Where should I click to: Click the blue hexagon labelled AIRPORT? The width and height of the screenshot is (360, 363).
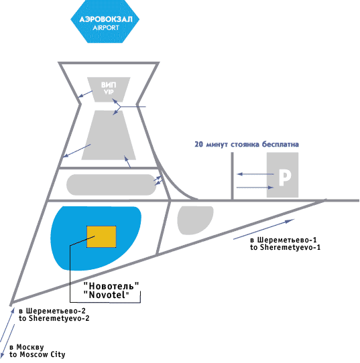pyautogui.click(x=105, y=21)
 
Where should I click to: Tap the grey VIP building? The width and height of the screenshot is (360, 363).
pyautogui.click(x=109, y=89)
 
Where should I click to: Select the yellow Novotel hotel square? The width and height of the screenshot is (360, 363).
pyautogui.click(x=101, y=236)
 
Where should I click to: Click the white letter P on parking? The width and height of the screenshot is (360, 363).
pyautogui.click(x=285, y=177)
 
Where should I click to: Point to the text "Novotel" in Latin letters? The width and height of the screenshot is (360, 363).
pyautogui.click(x=106, y=295)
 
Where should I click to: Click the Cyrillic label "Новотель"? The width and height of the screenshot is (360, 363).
pyautogui.click(x=111, y=286)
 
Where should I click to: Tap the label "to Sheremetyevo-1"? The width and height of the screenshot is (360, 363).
pyautogui.click(x=285, y=247)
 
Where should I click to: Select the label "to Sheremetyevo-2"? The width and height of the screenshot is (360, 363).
pyautogui.click(x=54, y=318)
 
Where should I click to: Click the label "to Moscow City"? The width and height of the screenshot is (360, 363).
pyautogui.click(x=38, y=354)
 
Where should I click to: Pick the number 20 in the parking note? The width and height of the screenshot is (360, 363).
pyautogui.click(x=198, y=144)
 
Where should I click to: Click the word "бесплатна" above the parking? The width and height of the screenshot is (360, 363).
pyautogui.click(x=280, y=144)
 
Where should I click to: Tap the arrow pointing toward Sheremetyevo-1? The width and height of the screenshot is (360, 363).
pyautogui.click(x=264, y=229)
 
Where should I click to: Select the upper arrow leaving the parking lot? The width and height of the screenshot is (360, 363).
pyautogui.click(x=255, y=174)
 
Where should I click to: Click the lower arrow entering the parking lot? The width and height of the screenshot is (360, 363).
pyautogui.click(x=255, y=188)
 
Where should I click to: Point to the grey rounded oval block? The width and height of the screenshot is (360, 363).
pyautogui.click(x=111, y=185)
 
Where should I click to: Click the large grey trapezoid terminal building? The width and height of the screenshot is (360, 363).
pyautogui.click(x=109, y=135)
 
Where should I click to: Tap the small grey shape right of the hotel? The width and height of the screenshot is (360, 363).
pyautogui.click(x=194, y=219)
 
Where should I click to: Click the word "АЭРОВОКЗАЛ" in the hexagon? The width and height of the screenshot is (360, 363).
pyautogui.click(x=106, y=19)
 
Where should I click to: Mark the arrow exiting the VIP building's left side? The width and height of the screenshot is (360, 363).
pyautogui.click(x=85, y=94)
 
